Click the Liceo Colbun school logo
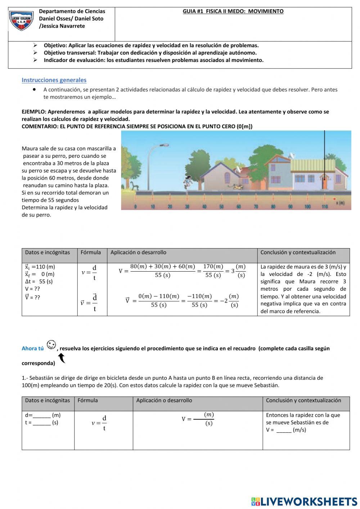tap(22, 21)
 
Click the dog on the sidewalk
tap(237, 187)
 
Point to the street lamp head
tap(164, 145)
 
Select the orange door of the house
tap(324, 183)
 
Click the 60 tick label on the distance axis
tap(238, 207)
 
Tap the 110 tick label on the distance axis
tap(324, 207)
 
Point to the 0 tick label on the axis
tap(135, 207)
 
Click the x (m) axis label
tap(340, 203)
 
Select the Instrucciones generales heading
tap(54, 80)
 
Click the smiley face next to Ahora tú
tap(51, 345)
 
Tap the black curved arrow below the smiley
tap(62, 358)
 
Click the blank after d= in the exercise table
tap(41, 415)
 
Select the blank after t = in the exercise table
tap(41, 423)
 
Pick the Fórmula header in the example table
tap(91, 253)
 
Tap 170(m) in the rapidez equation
tap(213, 267)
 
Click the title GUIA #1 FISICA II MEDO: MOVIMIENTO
tap(233, 12)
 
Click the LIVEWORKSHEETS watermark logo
tap(304, 501)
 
